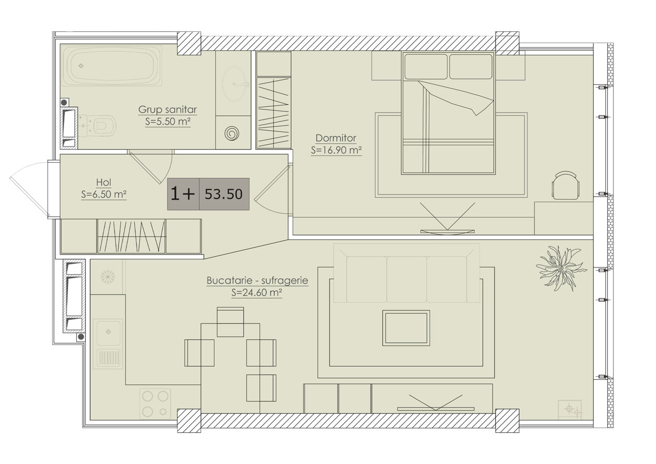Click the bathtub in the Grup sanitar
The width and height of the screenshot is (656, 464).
point(111,65)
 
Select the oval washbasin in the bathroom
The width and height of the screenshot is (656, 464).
point(234,84)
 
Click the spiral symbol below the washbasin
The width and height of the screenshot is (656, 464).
point(232,133)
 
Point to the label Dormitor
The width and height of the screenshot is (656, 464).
point(336,138)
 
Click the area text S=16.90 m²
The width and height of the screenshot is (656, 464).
point(336,150)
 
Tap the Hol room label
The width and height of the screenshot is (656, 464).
point(104,182)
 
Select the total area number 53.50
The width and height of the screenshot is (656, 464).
point(224,194)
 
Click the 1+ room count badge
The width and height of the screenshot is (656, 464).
point(182,194)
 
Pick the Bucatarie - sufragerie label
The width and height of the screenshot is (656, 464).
point(257,280)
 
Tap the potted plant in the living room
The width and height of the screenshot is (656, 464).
point(561,268)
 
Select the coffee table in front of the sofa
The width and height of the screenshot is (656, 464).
point(406,328)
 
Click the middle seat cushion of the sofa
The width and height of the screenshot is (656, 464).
point(406,280)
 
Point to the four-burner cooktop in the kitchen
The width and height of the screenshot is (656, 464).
point(155,403)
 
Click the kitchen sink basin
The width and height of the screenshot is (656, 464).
point(108,332)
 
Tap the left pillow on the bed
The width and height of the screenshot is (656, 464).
point(426,67)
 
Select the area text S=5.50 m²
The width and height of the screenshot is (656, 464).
point(168,122)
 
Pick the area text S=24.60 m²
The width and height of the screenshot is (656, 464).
point(257,293)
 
